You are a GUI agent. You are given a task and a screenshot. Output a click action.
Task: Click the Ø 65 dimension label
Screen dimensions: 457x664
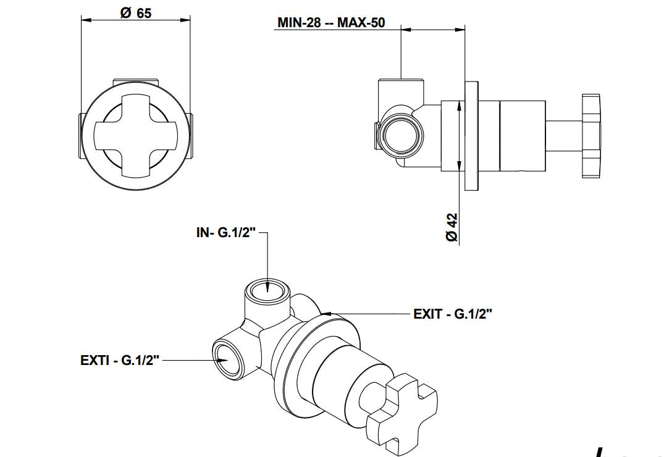click(x=136, y=12)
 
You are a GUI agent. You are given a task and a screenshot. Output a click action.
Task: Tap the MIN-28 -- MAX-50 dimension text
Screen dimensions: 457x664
click(x=331, y=23)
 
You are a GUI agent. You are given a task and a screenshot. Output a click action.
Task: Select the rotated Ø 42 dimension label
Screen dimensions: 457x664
click(x=452, y=227)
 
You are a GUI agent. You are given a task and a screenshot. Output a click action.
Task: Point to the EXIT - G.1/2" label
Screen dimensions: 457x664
click(x=453, y=314)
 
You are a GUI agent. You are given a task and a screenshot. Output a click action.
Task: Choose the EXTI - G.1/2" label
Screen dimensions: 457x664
click(x=120, y=360)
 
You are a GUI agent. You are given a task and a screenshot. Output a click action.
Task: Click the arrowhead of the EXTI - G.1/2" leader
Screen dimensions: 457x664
click(x=214, y=360)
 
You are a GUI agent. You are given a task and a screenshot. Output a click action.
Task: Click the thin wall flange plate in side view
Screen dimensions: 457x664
click(x=472, y=135)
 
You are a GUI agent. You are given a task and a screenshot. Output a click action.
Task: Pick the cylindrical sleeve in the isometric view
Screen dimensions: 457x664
click(x=346, y=371)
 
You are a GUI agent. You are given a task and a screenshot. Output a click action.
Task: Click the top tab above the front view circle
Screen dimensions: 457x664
click(x=136, y=83)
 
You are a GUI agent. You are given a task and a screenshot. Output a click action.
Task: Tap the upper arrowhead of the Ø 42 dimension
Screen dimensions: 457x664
click(x=459, y=106)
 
